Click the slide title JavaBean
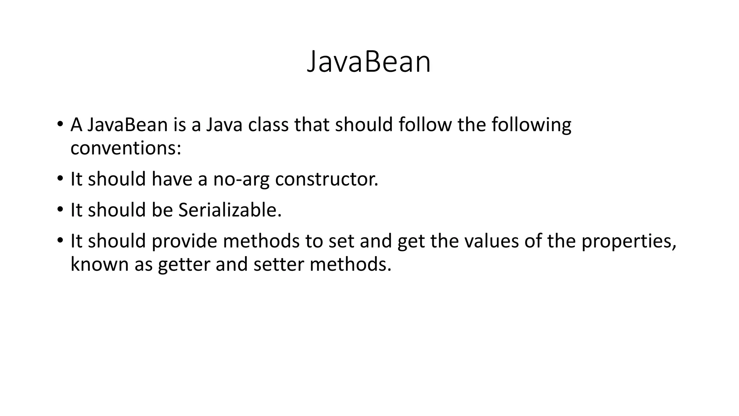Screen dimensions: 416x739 (x=369, y=62)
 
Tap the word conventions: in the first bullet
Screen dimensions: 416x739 (x=126, y=148)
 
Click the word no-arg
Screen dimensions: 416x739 (x=241, y=179)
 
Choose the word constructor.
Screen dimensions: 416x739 (x=327, y=179)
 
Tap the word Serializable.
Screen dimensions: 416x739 (x=230, y=210)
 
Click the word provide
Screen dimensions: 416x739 (x=184, y=241)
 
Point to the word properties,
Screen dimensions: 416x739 (x=629, y=242)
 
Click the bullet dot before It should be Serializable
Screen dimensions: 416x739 (x=60, y=210)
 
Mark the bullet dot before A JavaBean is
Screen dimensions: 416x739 (x=60, y=125)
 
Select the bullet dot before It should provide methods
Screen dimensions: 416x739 (x=60, y=241)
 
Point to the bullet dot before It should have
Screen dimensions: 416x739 (x=60, y=179)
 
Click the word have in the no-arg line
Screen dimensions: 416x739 (x=172, y=179)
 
